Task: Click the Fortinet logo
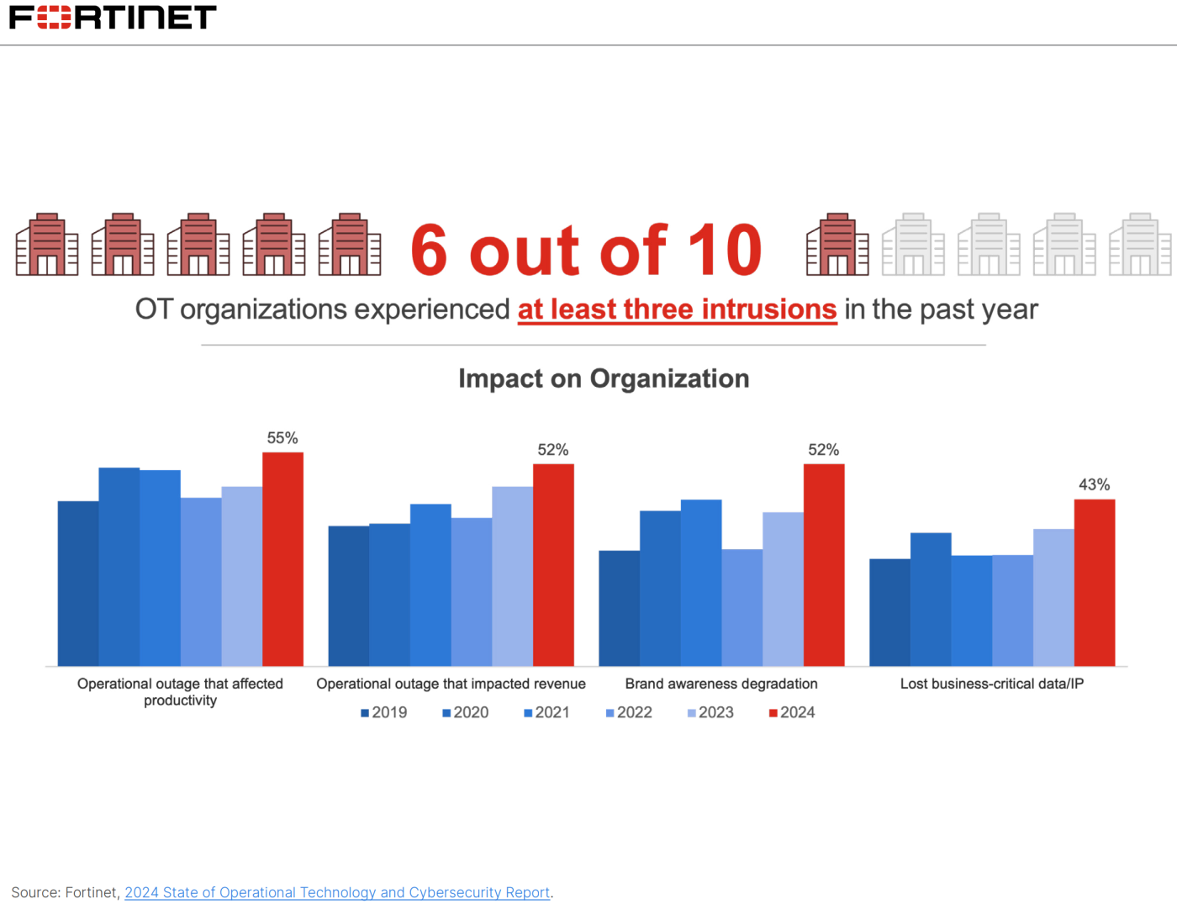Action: point(113,17)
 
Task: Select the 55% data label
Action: point(282,438)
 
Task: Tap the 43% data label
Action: point(1094,484)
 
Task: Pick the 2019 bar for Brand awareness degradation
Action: point(619,608)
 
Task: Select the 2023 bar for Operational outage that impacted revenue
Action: point(512,576)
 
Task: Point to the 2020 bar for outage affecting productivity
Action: point(119,567)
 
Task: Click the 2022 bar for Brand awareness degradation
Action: point(742,607)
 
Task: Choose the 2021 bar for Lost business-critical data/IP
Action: point(971,611)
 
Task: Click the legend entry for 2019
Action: point(384,712)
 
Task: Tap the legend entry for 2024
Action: point(792,712)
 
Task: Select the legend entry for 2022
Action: point(629,712)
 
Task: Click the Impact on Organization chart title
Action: point(604,378)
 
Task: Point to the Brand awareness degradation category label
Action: point(721,684)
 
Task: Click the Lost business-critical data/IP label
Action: point(992,684)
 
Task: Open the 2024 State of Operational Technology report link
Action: point(337,892)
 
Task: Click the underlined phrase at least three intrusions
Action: point(677,309)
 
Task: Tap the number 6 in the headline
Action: point(429,250)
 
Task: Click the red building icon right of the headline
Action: point(837,245)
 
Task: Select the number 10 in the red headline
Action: point(725,250)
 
